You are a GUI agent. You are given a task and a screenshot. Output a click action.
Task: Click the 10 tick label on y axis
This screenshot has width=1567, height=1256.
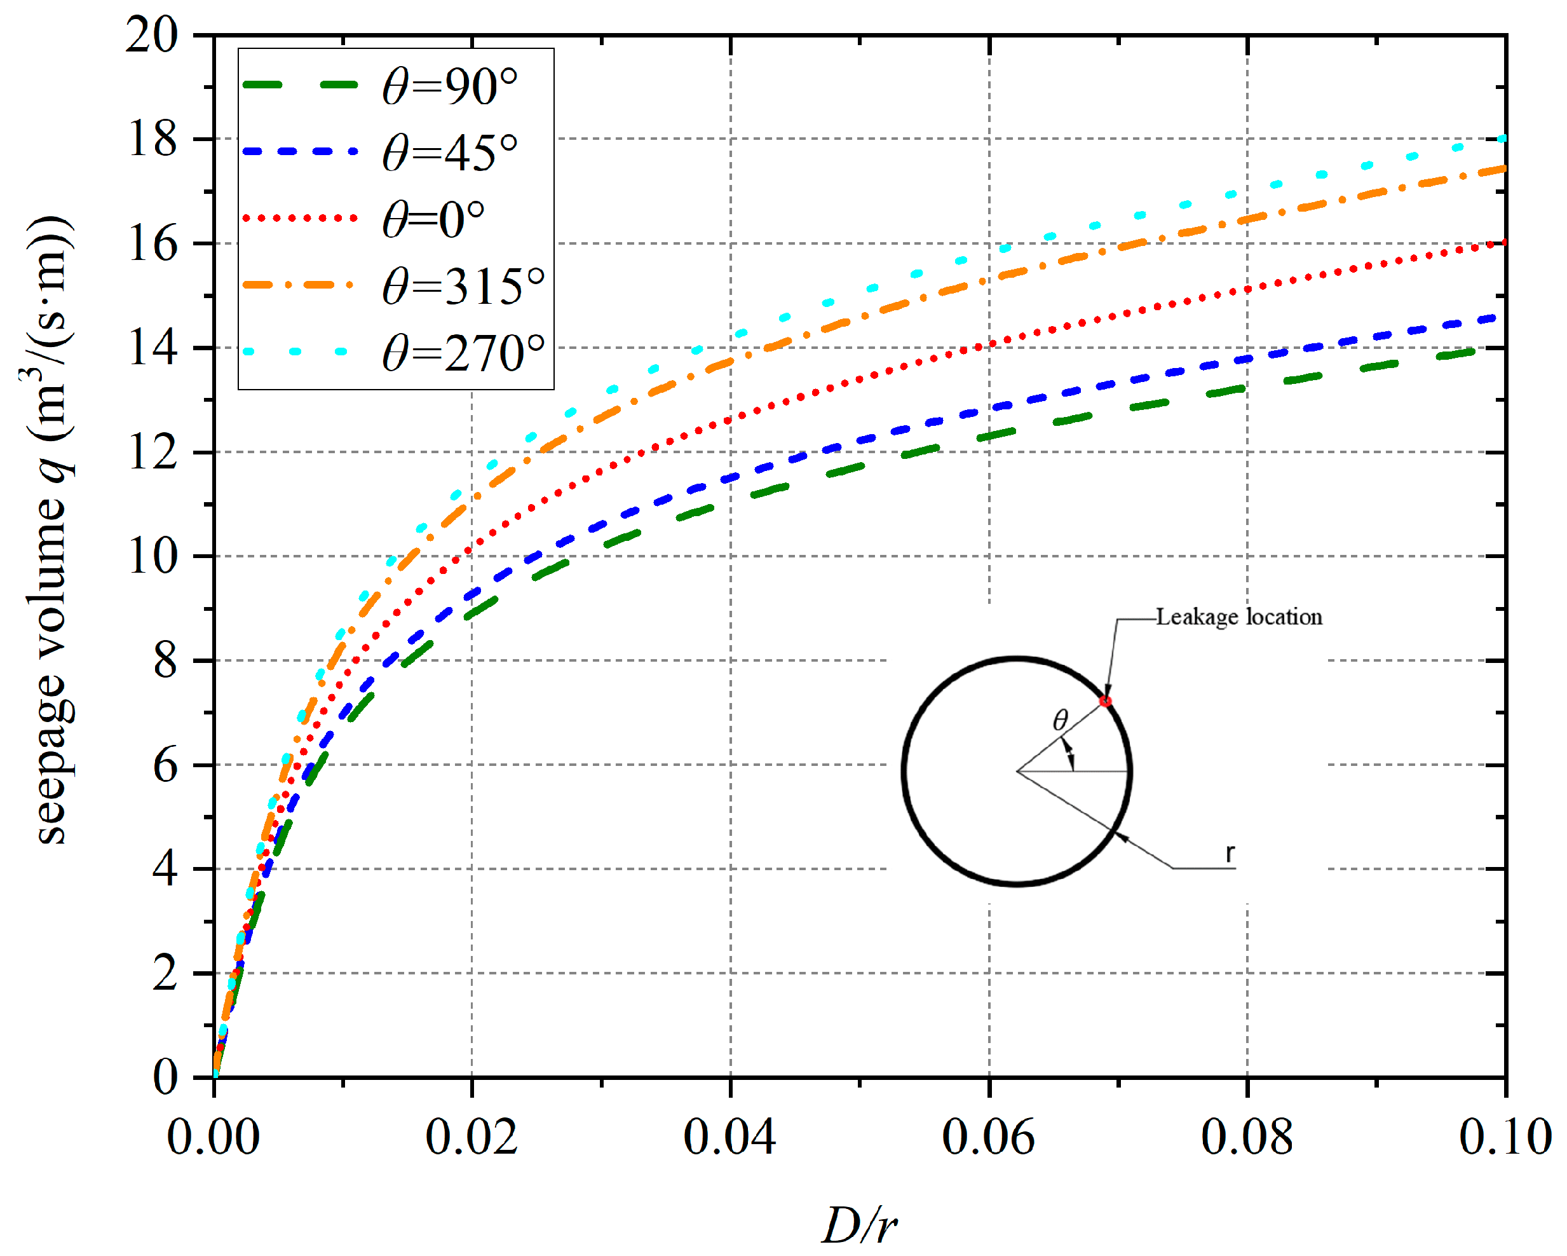tap(153, 557)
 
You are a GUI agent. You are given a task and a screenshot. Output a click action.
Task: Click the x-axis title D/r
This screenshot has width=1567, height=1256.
tap(860, 1225)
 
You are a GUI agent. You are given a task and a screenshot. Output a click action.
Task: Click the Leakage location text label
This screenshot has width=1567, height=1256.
tap(1239, 617)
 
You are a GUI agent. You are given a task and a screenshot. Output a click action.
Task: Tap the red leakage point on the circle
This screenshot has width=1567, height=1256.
tap(1106, 701)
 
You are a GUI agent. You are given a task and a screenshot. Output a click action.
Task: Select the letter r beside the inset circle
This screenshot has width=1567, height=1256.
tap(1230, 853)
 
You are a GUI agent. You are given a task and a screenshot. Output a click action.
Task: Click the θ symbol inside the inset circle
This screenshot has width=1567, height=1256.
tap(1061, 720)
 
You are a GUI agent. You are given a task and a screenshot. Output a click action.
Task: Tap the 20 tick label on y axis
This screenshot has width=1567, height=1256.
tap(153, 34)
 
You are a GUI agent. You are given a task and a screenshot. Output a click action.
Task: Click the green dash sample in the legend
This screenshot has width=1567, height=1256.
tap(300, 85)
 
